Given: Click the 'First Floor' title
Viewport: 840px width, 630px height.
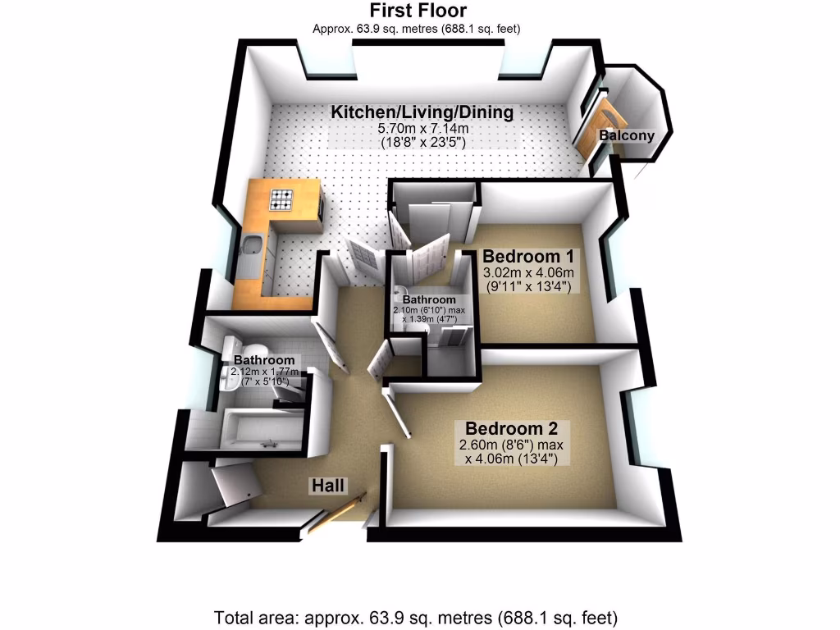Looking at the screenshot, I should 418,11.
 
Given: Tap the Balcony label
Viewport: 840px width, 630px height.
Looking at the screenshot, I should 627,135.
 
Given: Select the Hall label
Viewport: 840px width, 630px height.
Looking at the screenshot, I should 328,486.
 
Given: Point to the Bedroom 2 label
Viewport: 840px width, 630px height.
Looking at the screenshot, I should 512,428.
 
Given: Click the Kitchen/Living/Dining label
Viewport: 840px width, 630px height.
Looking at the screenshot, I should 422,112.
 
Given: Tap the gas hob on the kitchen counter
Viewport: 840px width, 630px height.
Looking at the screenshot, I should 282,199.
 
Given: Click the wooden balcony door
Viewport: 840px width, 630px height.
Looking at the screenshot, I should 592,135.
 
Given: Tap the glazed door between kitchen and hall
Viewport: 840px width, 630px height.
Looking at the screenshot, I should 359,261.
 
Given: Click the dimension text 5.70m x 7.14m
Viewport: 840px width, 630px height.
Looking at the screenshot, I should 422,129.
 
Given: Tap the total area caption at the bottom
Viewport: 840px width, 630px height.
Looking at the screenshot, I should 416,616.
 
